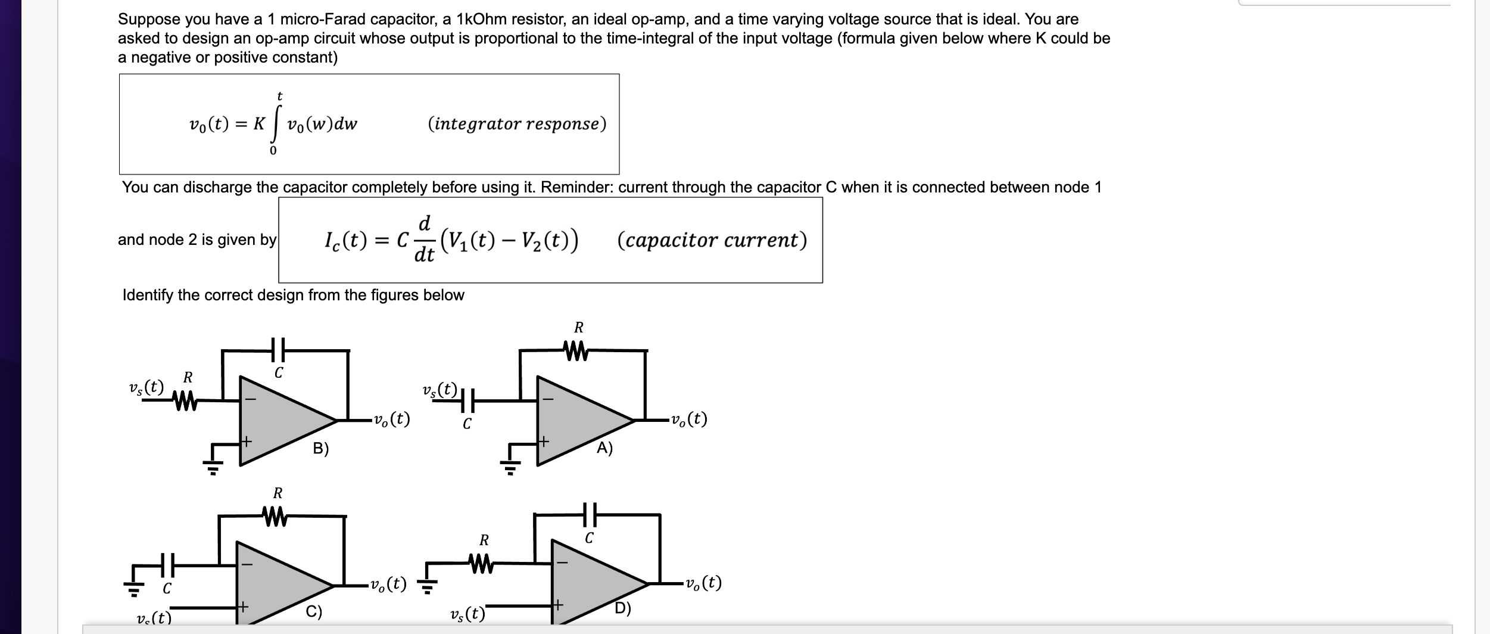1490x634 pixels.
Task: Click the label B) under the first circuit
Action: point(321,449)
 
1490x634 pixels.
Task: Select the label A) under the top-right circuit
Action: point(604,448)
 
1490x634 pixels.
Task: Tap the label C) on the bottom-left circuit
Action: point(314,612)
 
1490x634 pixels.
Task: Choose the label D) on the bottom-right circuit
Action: point(623,608)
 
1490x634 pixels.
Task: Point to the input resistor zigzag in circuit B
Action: point(185,400)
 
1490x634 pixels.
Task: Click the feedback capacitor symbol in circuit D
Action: point(590,514)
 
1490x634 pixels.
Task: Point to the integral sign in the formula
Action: point(276,124)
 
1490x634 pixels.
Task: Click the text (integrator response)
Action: point(517,124)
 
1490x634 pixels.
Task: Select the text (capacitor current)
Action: point(712,240)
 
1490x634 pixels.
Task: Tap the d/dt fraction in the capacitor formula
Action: point(424,240)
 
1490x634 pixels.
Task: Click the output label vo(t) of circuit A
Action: point(688,419)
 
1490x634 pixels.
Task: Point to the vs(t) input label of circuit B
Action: point(146,387)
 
